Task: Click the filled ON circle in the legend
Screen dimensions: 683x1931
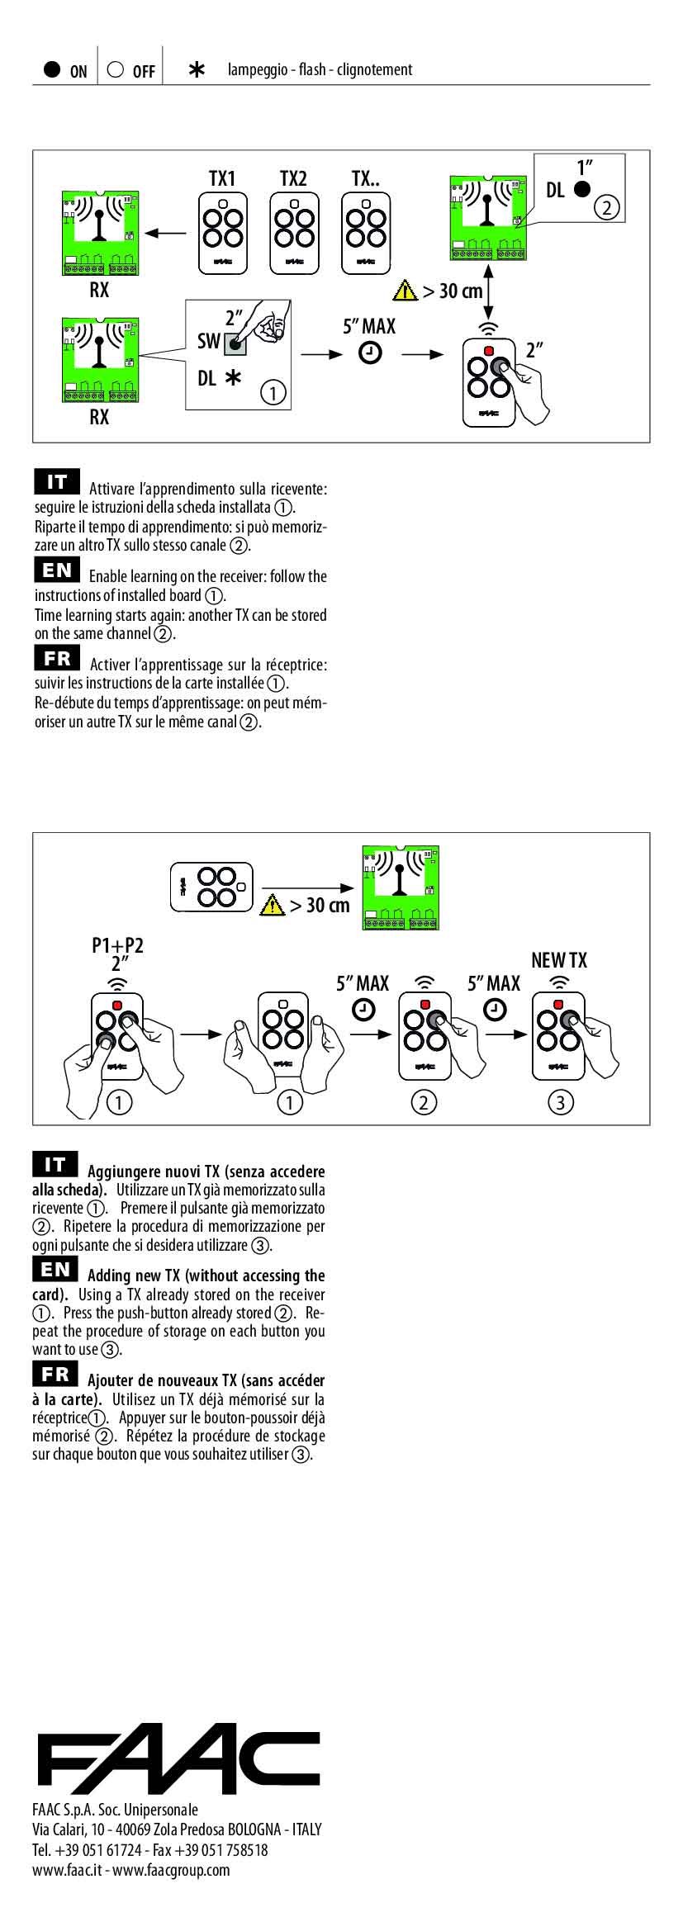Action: (x=52, y=69)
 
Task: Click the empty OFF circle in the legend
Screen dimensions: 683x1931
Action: (x=116, y=69)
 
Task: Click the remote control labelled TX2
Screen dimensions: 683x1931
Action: (x=293, y=234)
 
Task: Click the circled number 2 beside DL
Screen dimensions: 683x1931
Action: (x=606, y=207)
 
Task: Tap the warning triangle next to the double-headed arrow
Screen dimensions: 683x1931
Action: (x=406, y=291)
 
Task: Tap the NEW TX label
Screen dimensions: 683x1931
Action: (x=559, y=960)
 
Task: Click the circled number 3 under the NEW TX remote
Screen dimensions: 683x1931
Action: (x=560, y=1101)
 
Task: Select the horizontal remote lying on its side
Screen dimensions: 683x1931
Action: (x=211, y=887)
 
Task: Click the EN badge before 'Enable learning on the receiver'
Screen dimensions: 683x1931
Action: (x=57, y=570)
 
